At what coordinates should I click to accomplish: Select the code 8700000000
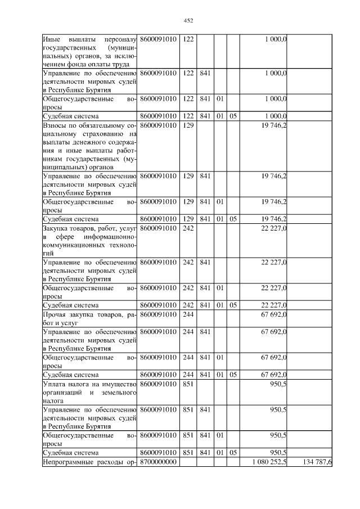[158, 462]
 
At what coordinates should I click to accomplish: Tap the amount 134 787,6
[317, 462]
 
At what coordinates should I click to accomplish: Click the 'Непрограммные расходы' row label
[89, 462]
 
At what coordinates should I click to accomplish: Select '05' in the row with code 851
[233, 452]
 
